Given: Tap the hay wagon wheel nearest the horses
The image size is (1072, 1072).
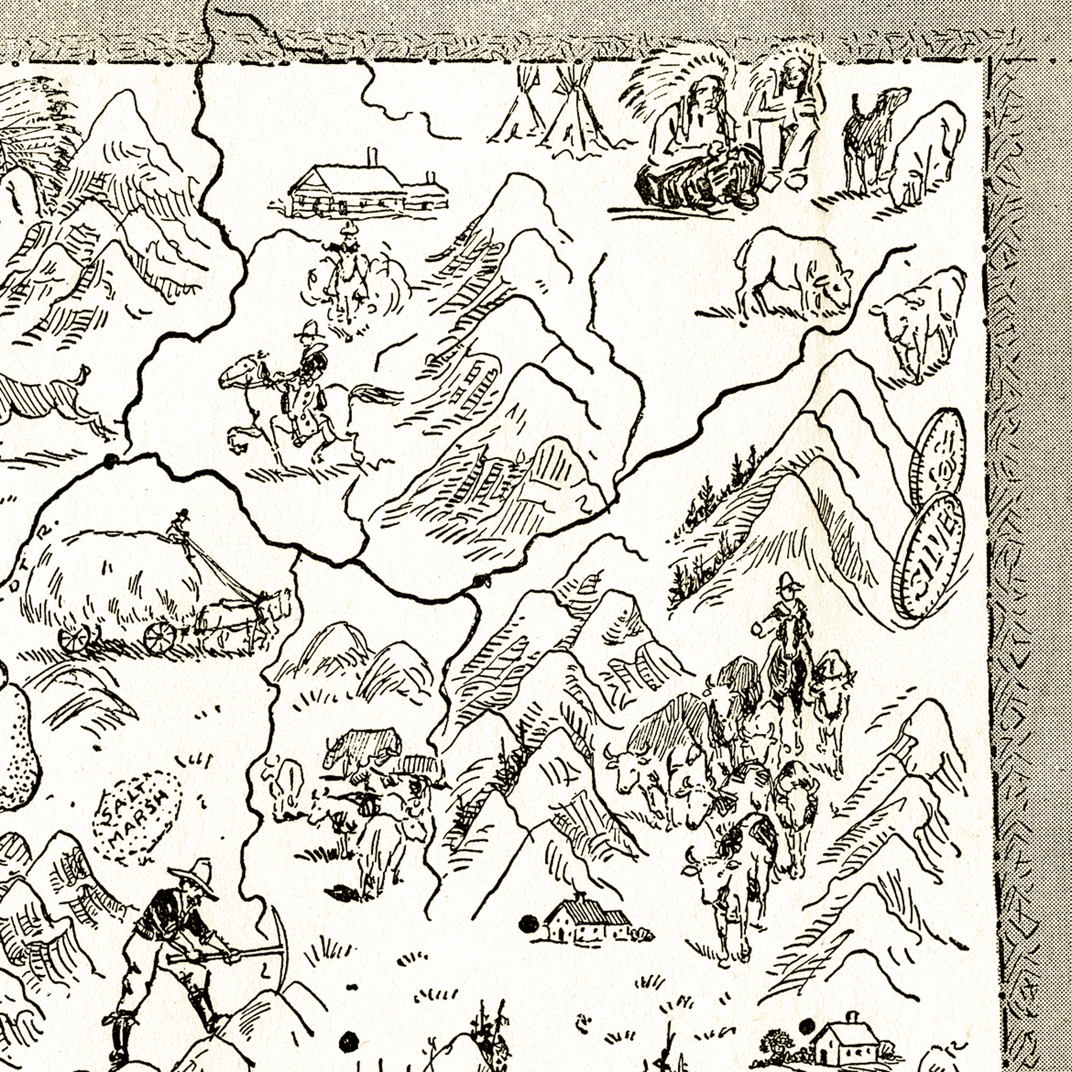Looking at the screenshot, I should click(x=160, y=635).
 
